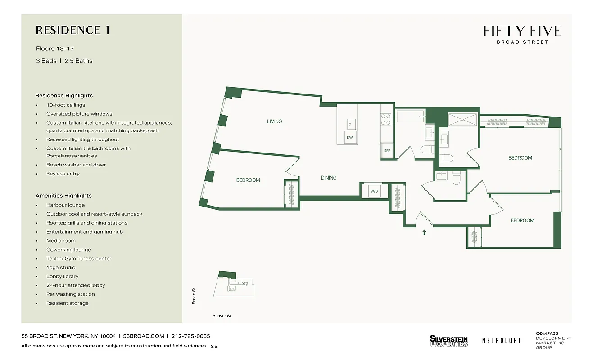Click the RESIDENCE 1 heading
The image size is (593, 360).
73,30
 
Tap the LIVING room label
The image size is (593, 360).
274,121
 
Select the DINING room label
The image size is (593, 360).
329,178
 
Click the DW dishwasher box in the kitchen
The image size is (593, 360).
349,138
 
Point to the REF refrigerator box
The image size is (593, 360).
387,151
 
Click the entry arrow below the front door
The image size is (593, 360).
424,233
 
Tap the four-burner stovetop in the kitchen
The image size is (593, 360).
386,119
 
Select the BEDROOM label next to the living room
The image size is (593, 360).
248,180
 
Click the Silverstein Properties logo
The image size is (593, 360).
448,341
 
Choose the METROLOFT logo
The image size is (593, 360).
501,341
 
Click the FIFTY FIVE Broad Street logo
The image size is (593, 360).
522,34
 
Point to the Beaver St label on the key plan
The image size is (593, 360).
222,316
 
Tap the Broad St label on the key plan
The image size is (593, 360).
194,296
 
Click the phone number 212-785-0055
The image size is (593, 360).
191,336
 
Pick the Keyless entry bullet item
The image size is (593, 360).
63,174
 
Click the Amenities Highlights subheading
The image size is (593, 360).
63,196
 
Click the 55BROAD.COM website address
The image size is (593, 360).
144,336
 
